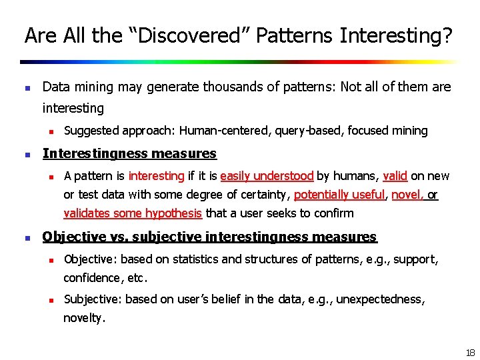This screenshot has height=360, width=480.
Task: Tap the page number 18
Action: point(470,353)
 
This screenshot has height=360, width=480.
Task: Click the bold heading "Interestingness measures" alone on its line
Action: point(129,154)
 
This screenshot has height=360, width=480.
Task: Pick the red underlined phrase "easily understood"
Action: point(267,176)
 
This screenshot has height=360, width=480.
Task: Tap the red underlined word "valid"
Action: point(395,176)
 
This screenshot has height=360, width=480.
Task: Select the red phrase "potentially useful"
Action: point(339,195)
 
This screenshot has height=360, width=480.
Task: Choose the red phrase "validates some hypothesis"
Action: point(133,213)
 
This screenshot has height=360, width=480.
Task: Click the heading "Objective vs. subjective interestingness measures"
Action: point(209,237)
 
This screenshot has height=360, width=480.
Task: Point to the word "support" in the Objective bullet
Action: point(415,259)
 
